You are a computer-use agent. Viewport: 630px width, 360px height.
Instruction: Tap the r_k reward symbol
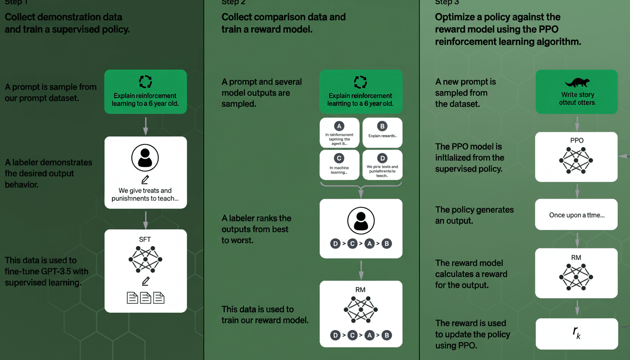pos(577,333)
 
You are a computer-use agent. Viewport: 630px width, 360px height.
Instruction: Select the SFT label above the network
pos(145,239)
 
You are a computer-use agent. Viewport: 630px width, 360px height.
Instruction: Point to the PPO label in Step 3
pos(577,140)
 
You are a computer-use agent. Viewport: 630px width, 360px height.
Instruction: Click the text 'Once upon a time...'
pos(577,215)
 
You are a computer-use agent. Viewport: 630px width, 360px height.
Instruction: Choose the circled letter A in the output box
pos(339,126)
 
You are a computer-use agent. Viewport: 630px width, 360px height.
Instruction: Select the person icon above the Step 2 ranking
pos(361,220)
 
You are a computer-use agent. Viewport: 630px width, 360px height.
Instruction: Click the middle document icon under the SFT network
pos(145,298)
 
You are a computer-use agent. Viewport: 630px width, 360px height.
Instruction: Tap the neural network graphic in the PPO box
pos(577,160)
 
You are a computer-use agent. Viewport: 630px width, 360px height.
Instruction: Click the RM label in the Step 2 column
pos(360,290)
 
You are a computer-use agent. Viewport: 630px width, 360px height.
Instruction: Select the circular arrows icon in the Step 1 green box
pos(145,82)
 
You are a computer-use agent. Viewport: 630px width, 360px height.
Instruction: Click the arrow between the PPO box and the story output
pos(577,190)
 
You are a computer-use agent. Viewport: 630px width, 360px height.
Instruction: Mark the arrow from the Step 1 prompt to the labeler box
pos(145,125)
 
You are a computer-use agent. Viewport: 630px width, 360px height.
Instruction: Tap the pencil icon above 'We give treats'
pos(145,180)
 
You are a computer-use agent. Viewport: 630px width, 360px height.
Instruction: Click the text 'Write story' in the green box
pos(577,95)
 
